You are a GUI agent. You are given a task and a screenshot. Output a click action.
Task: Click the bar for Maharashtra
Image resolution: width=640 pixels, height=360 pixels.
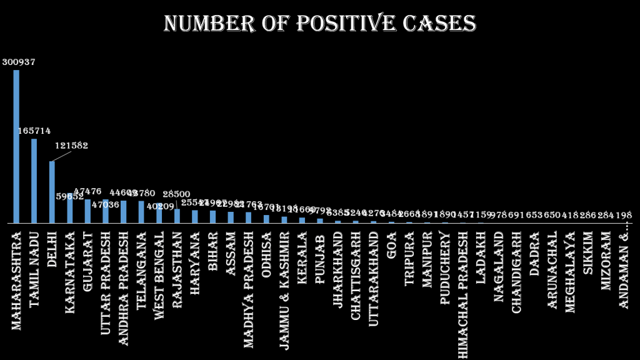coord(16,146)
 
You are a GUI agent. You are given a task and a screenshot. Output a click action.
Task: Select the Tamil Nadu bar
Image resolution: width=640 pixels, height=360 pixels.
coord(34,181)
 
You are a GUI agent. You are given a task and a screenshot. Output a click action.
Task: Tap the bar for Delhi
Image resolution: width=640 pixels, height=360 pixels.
coord(52,192)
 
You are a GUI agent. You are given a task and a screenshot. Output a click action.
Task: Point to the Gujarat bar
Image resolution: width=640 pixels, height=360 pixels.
coord(87,211)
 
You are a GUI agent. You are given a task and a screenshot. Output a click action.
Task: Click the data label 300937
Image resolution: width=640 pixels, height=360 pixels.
coord(19,62)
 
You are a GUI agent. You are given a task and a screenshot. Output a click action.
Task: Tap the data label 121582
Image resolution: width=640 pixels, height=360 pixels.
coord(71,146)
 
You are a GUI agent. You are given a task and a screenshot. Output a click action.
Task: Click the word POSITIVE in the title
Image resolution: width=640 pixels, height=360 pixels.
coord(337,24)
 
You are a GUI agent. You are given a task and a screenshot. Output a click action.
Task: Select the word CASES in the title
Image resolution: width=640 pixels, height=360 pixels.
coord(439,24)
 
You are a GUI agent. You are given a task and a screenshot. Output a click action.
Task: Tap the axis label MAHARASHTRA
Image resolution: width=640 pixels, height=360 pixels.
coord(16,281)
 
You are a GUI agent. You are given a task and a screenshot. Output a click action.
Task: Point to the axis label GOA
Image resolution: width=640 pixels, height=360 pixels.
coord(391,241)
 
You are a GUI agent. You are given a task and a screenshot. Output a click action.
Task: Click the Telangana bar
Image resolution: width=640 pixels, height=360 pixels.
coord(141,212)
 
